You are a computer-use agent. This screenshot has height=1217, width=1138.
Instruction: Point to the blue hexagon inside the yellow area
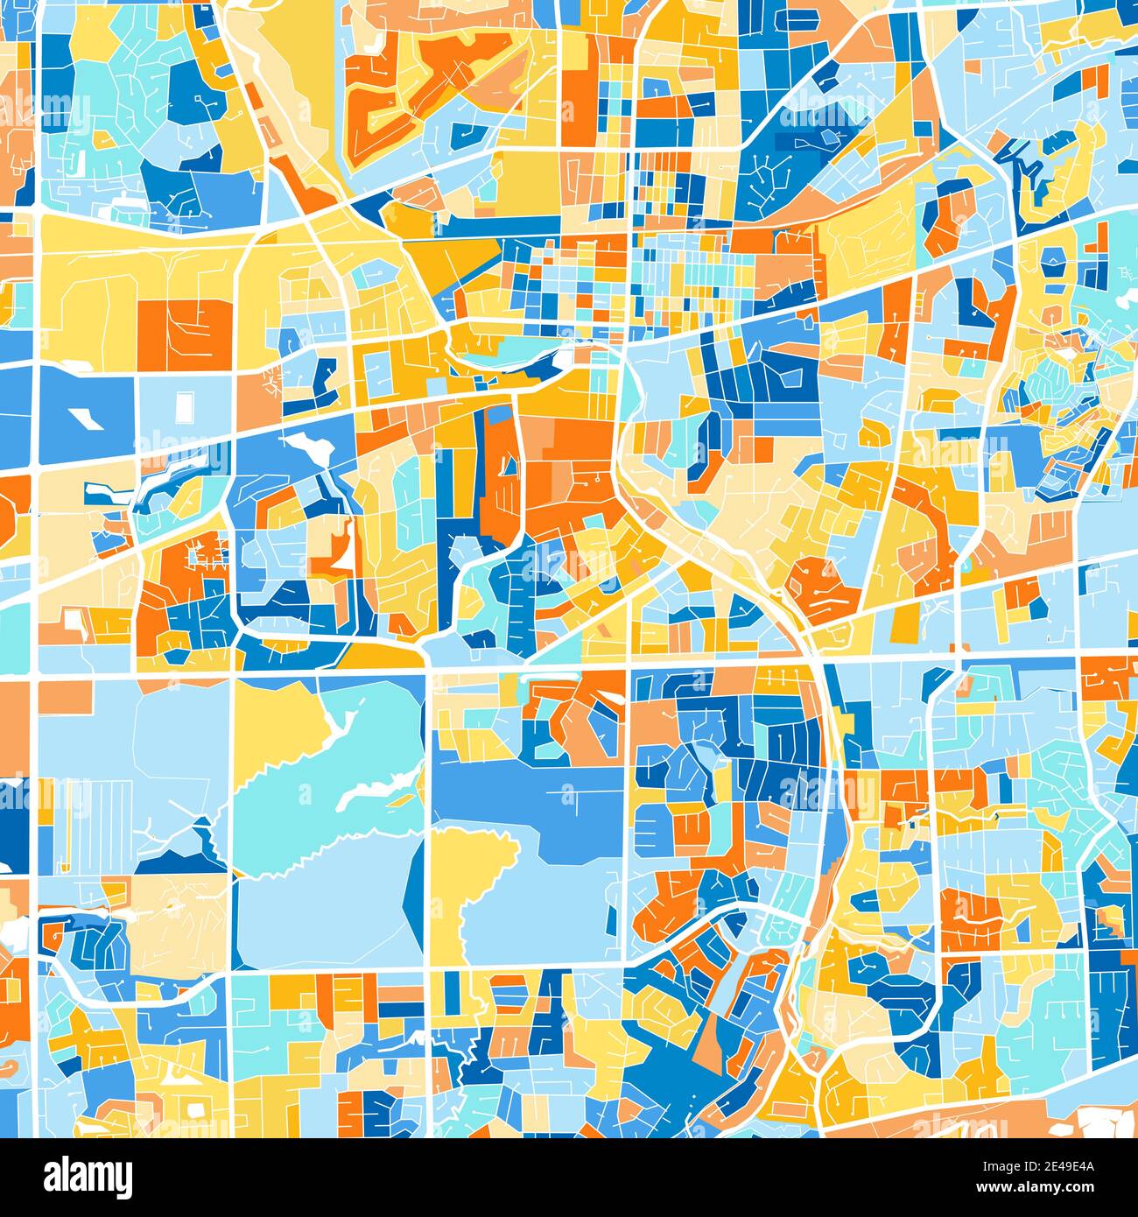pos(1054,260)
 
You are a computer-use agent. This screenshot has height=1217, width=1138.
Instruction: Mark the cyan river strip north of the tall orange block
pos(508,356)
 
